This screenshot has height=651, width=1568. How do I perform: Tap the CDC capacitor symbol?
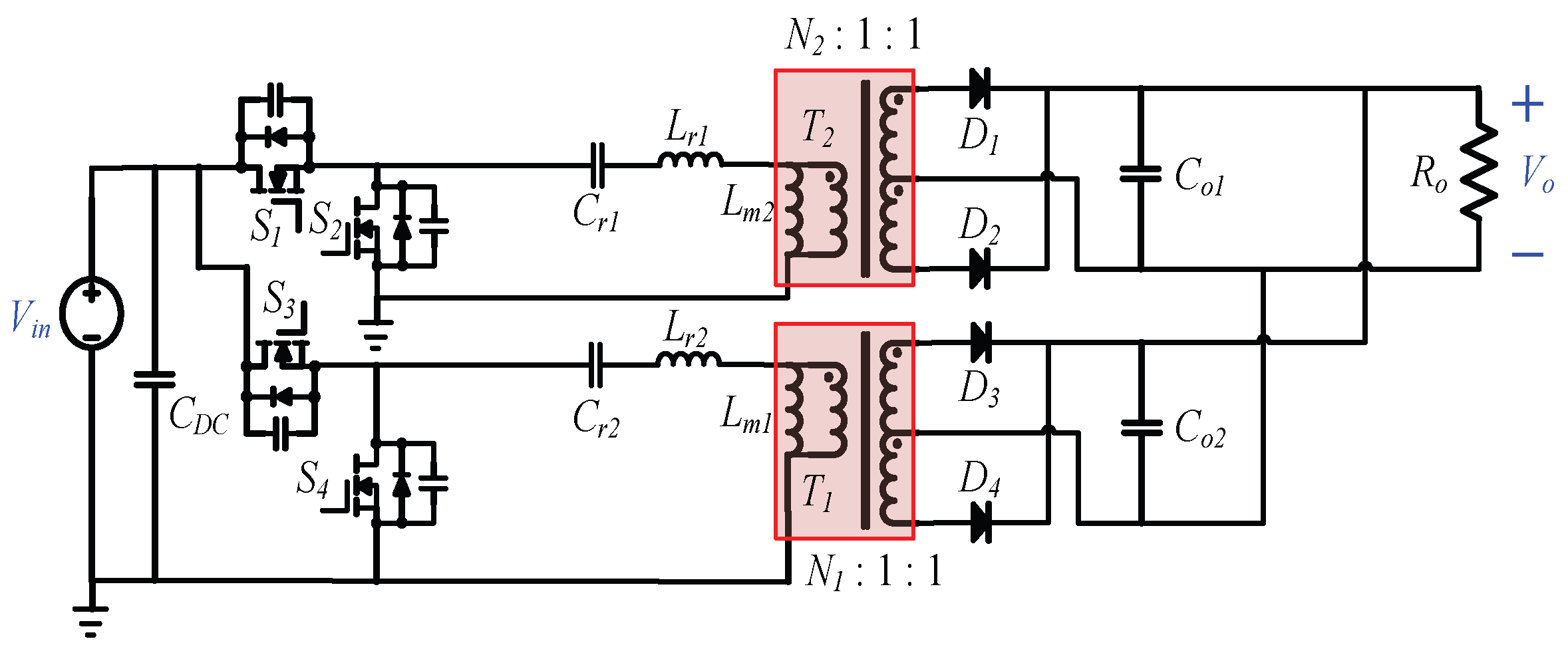[x=154, y=380]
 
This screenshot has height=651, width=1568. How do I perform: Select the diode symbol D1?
[x=980, y=88]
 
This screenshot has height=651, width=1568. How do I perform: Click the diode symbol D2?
[x=980, y=269]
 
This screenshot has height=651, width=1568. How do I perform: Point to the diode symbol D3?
[x=981, y=342]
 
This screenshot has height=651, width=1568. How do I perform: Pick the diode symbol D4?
[x=981, y=523]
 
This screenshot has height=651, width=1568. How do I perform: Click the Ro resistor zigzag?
[x=1479, y=172]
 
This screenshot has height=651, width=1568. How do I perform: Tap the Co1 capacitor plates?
[x=1141, y=174]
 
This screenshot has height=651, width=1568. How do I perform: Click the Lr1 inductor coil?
[x=690, y=160]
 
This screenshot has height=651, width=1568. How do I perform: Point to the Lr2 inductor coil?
[x=688, y=360]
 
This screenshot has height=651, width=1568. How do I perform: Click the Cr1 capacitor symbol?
[x=597, y=165]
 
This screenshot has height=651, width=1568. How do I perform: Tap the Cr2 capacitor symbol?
[x=596, y=364]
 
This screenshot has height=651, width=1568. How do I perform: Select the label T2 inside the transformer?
[x=818, y=128]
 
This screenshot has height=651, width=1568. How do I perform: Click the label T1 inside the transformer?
[x=817, y=493]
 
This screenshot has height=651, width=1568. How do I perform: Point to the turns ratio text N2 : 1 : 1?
[x=853, y=35]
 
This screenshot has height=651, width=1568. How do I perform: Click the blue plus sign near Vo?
[x=1527, y=104]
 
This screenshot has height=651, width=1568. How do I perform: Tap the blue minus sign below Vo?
[x=1527, y=254]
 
